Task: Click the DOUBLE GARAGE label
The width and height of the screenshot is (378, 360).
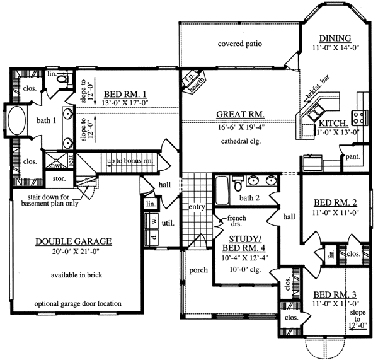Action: (74, 241)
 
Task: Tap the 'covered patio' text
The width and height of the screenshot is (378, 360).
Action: (239, 44)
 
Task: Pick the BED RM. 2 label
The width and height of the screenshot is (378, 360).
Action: (336, 203)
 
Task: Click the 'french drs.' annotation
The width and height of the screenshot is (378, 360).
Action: (220, 223)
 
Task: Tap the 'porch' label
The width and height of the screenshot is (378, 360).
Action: (198, 270)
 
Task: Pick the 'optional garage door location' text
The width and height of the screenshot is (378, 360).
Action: (77, 303)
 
